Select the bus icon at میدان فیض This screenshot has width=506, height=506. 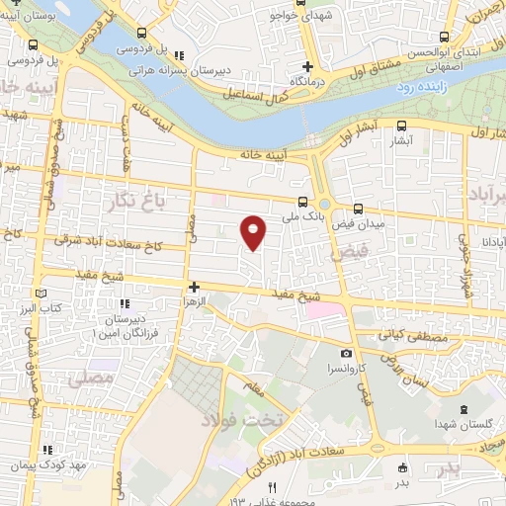pos(358,209)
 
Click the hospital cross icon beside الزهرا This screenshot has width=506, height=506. pos(195,286)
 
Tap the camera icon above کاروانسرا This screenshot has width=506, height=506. pos(346,353)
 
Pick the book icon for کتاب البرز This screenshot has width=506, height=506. pos(40,294)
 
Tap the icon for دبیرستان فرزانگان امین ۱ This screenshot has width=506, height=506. pos(124,303)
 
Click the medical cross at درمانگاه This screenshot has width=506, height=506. pos(308,67)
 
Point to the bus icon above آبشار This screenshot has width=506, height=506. pos(401,126)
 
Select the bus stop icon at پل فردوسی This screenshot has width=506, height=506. pos(34,45)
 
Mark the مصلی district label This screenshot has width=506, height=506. pos(84,378)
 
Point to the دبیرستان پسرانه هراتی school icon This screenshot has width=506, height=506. pos(178,55)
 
